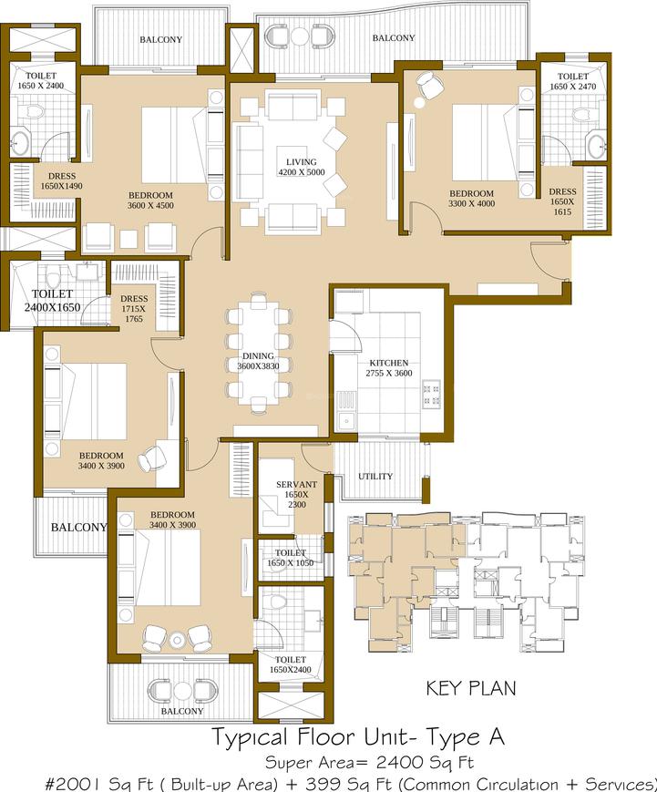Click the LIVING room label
point(302,162)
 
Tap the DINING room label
point(258,356)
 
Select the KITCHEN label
point(389,363)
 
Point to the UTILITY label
point(375,477)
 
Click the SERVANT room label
point(296,484)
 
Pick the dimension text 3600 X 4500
point(150,206)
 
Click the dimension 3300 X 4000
point(472,203)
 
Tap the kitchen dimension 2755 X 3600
point(389,374)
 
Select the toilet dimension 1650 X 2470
point(572,87)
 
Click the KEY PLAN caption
point(471,688)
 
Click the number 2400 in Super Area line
point(400,762)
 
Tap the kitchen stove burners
point(432,395)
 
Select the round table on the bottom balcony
point(182,690)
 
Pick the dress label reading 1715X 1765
point(134,309)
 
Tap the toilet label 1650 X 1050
point(291,558)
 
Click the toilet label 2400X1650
point(53,301)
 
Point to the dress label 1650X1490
point(62,180)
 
